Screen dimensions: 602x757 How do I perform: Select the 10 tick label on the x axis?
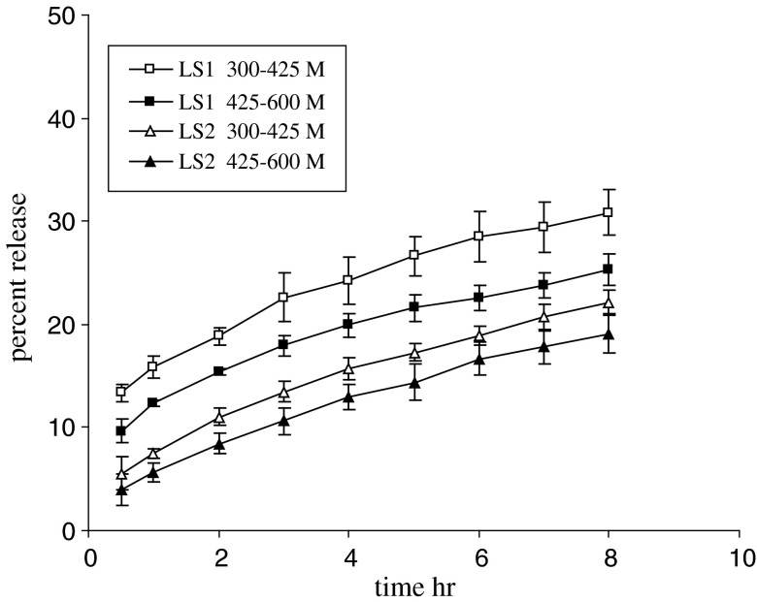[x=740, y=559]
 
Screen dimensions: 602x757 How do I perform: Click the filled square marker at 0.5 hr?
[x=121, y=430]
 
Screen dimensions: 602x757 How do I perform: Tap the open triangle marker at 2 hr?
[x=219, y=418]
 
